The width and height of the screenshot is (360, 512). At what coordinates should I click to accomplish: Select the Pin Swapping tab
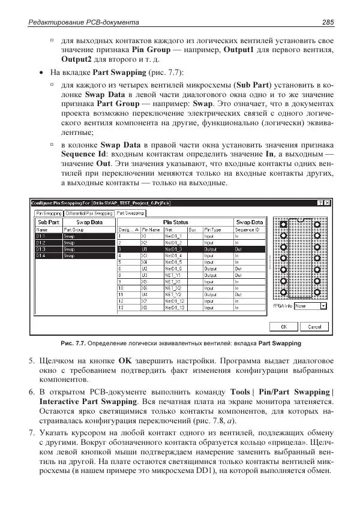(x=49, y=213)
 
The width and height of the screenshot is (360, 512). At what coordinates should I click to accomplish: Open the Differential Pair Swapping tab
(x=89, y=213)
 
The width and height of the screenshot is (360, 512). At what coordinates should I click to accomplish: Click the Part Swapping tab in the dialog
(x=130, y=213)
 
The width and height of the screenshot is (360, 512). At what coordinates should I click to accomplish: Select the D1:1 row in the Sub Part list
(x=41, y=236)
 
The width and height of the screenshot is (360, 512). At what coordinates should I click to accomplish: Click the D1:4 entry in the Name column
(x=41, y=256)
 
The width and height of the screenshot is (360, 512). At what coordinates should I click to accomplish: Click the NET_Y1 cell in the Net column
(x=181, y=275)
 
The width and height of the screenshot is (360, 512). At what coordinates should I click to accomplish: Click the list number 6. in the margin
(x=32, y=391)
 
